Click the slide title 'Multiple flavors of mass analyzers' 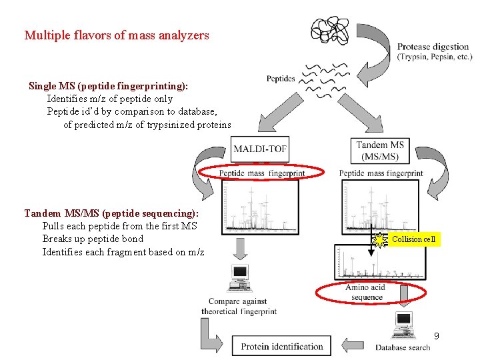tap(117, 35)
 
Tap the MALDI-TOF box tap(261, 149)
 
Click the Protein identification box tap(282, 346)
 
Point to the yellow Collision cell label tap(413, 239)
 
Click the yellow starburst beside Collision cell tap(380, 239)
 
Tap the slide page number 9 tap(436, 336)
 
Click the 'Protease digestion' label tap(433, 47)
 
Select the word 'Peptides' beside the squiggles tap(281, 79)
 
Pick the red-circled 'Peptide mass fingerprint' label tap(262, 173)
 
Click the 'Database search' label tap(403, 347)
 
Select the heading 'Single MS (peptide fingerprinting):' tap(108, 86)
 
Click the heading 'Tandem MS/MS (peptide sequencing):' tap(111, 213)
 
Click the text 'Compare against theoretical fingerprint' tap(239, 307)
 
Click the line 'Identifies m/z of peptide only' tap(109, 99)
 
